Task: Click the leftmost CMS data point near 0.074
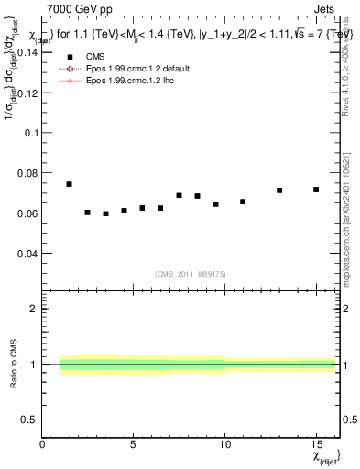click(x=69, y=184)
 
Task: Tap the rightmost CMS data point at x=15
click(x=316, y=190)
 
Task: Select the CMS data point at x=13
click(x=279, y=191)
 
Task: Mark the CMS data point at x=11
click(x=243, y=202)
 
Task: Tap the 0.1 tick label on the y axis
click(x=31, y=133)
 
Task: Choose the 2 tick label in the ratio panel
click(x=34, y=310)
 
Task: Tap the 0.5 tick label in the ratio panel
click(x=29, y=420)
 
